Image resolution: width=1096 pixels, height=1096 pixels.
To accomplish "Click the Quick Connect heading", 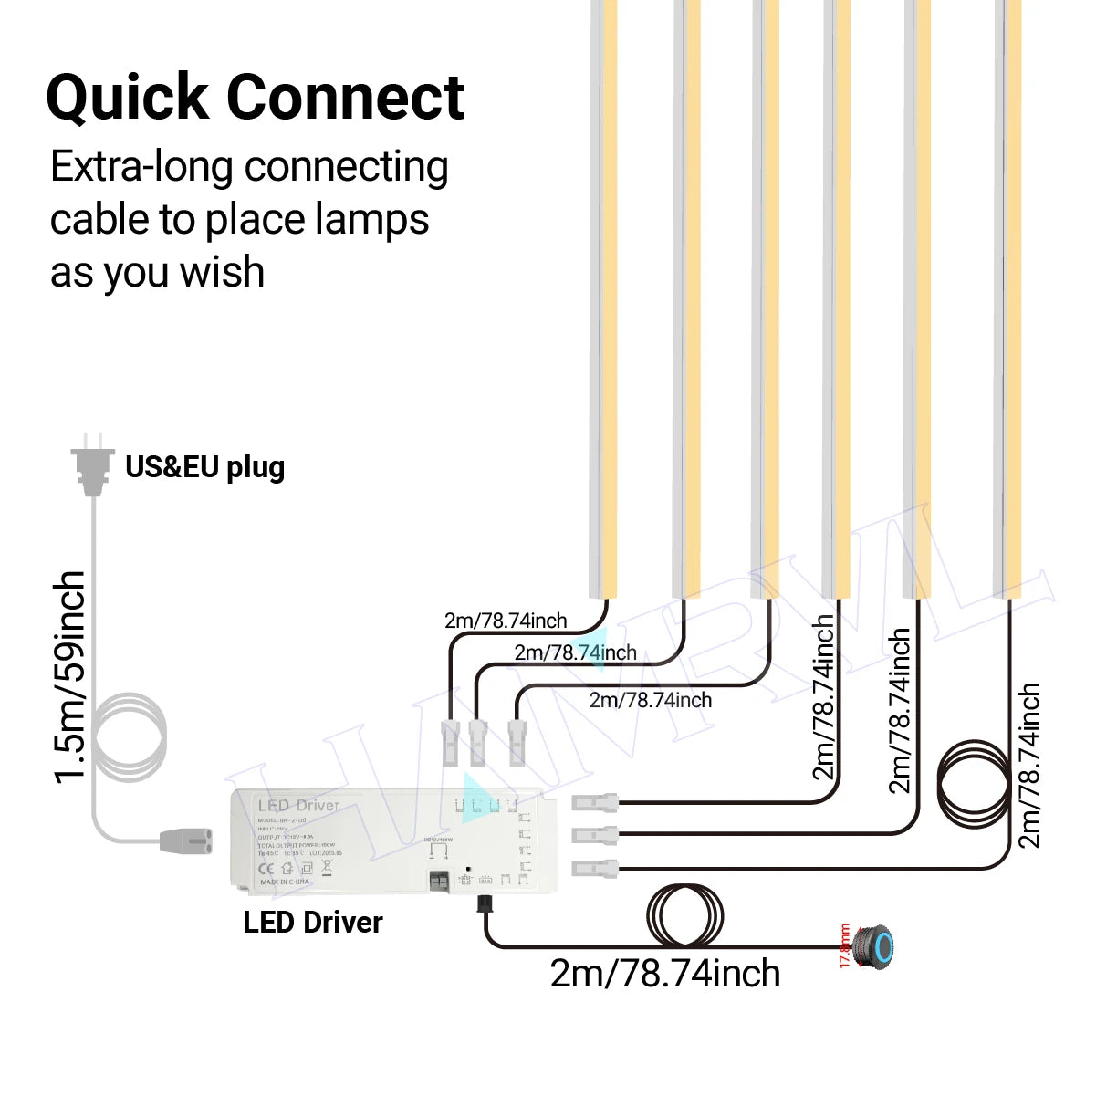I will [x=255, y=98].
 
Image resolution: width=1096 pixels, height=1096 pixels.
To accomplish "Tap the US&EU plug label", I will [x=204, y=467].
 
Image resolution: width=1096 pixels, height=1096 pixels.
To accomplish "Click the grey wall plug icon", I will [x=91, y=465].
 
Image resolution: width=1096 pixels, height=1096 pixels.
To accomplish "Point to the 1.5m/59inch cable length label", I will [x=71, y=677].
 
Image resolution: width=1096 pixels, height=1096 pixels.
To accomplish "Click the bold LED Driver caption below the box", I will [x=312, y=923].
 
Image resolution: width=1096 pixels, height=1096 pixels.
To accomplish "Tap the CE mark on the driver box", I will [x=267, y=869].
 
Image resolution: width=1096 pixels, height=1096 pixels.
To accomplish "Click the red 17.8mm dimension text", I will [x=845, y=946].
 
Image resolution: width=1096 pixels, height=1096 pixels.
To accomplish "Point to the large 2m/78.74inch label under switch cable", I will [x=664, y=975].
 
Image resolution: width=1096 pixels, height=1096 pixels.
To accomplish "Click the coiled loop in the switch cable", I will [x=684, y=916].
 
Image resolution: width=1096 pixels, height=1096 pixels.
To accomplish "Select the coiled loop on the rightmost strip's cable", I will [x=975, y=783].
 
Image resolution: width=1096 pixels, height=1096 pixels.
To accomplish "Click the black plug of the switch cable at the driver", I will [x=483, y=904].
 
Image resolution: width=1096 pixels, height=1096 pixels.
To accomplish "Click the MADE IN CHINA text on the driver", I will [x=285, y=882].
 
